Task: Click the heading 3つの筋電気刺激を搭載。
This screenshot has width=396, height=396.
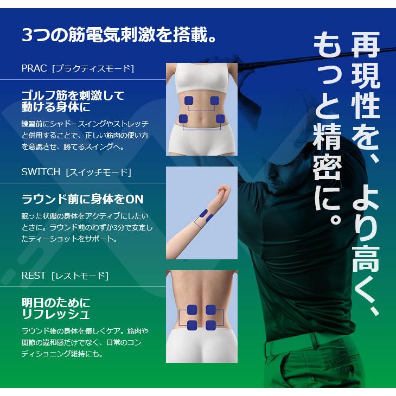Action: tap(120, 36)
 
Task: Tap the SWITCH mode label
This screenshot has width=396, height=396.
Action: tap(41, 172)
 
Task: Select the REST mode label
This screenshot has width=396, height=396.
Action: tap(34, 276)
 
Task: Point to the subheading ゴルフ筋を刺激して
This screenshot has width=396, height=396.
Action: tap(73, 95)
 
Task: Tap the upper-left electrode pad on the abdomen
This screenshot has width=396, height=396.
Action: tap(190, 100)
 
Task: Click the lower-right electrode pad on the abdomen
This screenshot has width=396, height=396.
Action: tap(220, 119)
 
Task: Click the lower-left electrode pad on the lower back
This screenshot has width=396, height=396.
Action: tap(191, 325)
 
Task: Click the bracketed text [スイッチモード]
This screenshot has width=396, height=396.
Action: tap(98, 172)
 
